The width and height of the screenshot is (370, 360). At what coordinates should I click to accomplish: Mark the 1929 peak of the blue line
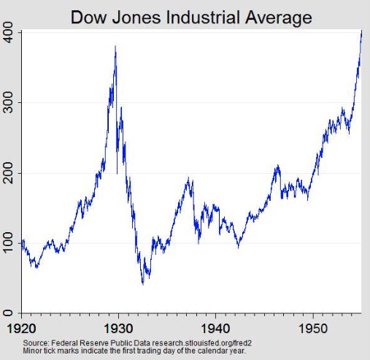(x=115, y=47)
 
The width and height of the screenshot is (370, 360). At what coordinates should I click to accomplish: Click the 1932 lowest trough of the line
(x=142, y=283)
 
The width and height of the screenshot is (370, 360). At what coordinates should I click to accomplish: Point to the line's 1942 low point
(x=238, y=248)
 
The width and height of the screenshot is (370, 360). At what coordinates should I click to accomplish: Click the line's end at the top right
(x=361, y=31)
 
